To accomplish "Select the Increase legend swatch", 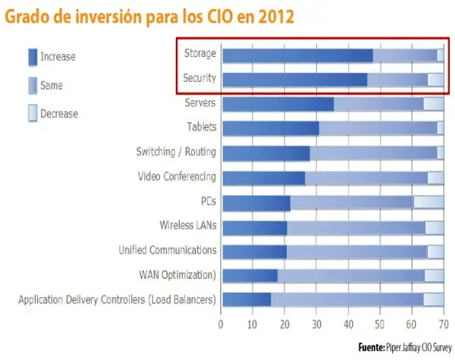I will point(33,56).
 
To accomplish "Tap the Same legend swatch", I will point(33,85).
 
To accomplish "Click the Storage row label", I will point(200,54).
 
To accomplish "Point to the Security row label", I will point(199,78).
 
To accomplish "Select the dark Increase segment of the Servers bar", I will point(278,104).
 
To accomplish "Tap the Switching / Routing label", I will point(176,152).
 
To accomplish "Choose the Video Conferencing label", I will point(177,177).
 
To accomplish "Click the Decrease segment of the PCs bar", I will point(428,202).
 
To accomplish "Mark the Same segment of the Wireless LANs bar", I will point(356,227).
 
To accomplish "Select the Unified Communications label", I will point(168,249).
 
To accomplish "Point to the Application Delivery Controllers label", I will point(117,299).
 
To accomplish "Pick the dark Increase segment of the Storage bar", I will point(297,55).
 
